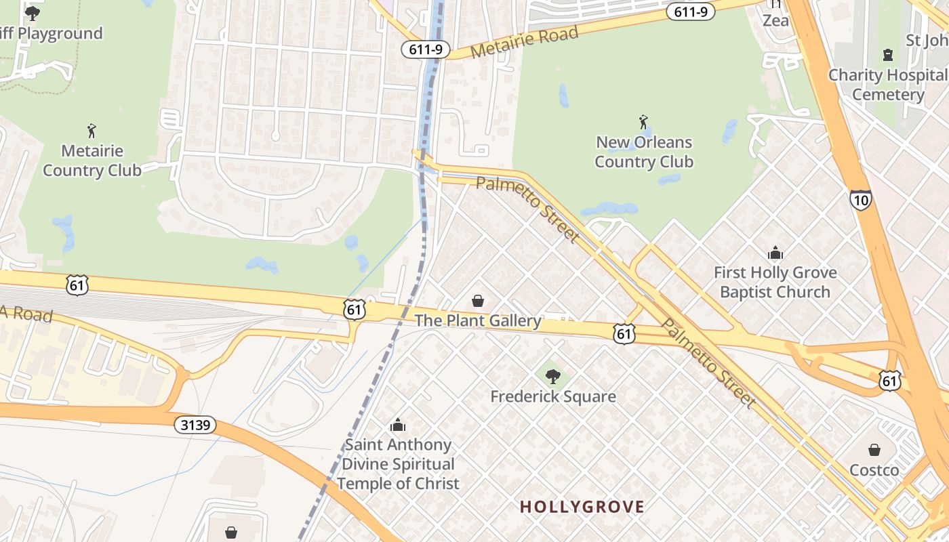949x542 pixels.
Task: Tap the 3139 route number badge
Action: point(196,425)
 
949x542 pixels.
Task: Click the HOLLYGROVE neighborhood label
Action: point(582,507)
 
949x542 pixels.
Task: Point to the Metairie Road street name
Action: point(525,42)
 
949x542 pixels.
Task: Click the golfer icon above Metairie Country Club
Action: point(92,130)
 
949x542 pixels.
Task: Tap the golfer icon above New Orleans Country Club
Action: point(643,123)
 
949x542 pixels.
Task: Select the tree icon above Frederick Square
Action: point(553,376)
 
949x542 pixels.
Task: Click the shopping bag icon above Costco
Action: point(874,450)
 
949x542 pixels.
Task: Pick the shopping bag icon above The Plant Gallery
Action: point(478,300)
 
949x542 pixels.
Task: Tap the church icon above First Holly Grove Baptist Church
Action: point(775,253)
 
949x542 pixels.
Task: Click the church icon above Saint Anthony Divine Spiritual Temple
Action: point(398,425)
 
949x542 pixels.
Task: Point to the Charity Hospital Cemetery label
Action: point(887,85)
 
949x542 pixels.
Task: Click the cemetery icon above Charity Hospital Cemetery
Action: point(887,55)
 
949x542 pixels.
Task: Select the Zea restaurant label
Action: point(775,21)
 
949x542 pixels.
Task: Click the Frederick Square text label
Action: point(553,396)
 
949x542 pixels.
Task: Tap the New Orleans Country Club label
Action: point(643,152)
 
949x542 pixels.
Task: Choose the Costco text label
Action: point(874,470)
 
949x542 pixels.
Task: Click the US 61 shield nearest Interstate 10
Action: point(890,381)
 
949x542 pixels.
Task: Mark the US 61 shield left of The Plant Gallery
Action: point(355,309)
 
